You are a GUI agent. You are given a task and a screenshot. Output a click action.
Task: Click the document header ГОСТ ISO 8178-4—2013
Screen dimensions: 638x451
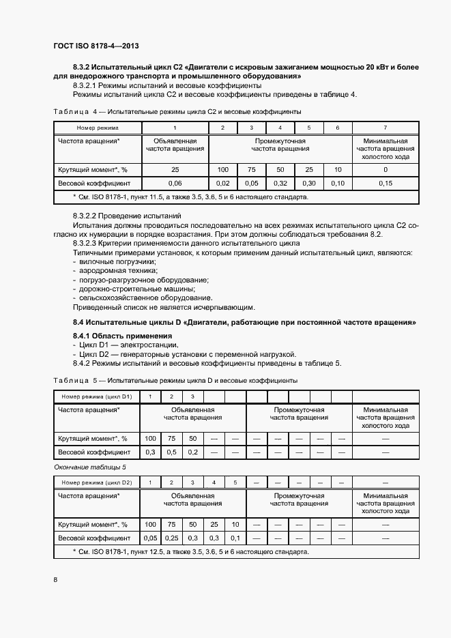[x=96, y=45]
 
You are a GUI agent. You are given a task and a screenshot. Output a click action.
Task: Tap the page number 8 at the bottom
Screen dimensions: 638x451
[x=55, y=579]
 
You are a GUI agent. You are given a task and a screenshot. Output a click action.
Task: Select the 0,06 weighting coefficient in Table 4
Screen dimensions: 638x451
[x=175, y=183]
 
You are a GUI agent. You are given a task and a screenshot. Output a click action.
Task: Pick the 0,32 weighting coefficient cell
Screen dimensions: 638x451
[x=280, y=183]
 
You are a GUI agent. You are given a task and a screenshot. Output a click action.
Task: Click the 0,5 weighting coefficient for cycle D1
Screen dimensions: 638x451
[x=172, y=452]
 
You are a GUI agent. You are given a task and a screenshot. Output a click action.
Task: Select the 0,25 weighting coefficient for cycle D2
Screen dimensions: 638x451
[x=172, y=538]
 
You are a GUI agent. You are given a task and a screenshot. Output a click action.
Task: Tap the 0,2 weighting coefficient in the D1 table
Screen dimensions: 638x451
[x=193, y=452]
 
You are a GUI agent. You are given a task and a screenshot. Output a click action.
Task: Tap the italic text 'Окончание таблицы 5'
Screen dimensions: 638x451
[x=89, y=467]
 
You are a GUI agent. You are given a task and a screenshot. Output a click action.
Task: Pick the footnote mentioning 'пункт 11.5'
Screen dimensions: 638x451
[x=190, y=197]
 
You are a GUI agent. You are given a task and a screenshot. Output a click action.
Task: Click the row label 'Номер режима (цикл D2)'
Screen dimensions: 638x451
[x=96, y=482]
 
